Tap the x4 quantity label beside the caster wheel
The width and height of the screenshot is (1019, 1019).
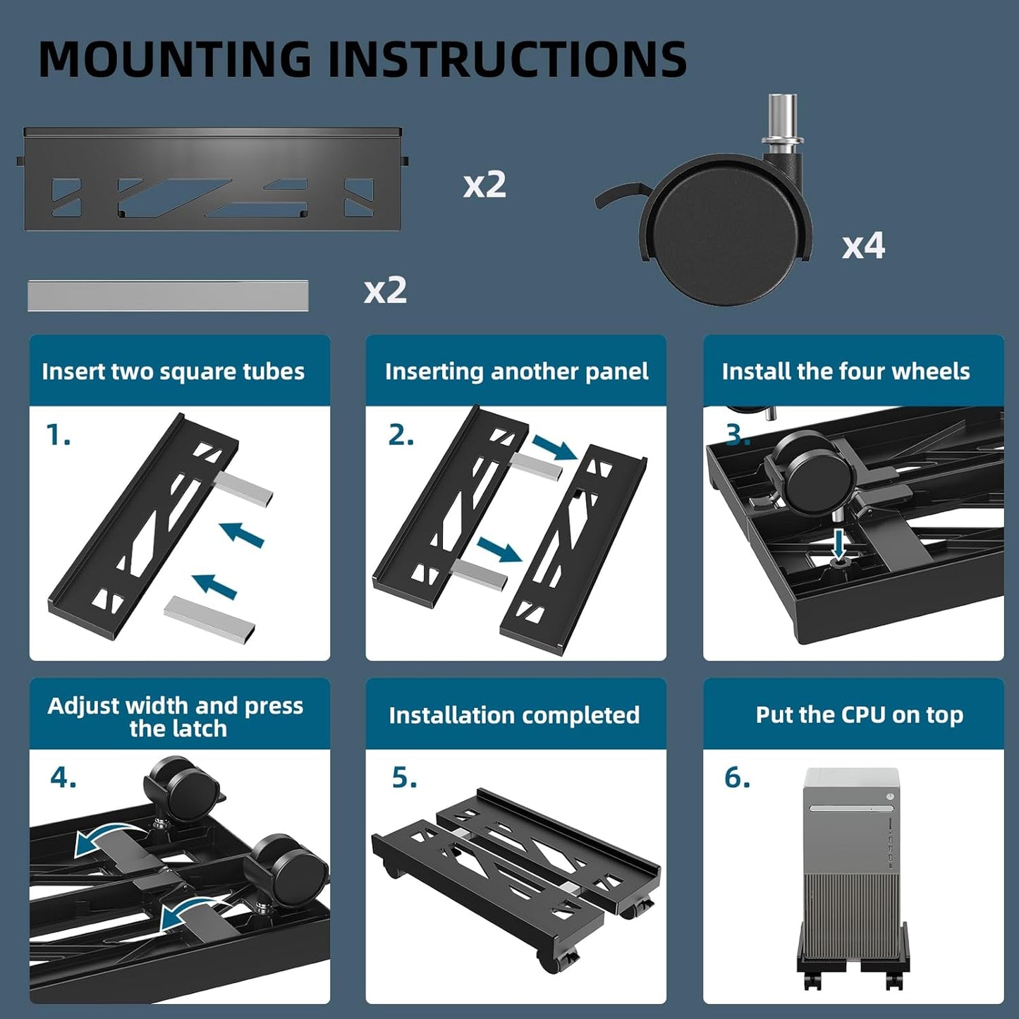[863, 245]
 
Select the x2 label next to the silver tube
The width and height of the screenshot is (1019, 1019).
[385, 290]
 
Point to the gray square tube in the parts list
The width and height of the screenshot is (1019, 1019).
[168, 295]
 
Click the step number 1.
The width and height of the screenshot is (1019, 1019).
[58, 435]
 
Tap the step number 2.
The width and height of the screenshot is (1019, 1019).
[401, 435]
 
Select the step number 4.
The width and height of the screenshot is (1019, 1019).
[63, 777]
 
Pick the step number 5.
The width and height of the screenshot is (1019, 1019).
[404, 777]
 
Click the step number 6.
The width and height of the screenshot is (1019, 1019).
[737, 777]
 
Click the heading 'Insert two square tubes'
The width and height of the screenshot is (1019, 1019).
[173, 372]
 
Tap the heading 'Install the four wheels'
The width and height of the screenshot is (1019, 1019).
[846, 372]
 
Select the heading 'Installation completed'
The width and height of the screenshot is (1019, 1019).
[514, 715]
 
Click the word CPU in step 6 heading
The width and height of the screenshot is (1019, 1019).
[864, 714]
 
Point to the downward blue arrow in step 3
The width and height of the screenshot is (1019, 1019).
[838, 544]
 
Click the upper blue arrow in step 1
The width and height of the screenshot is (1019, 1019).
[242, 534]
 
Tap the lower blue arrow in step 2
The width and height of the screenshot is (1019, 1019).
[499, 549]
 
